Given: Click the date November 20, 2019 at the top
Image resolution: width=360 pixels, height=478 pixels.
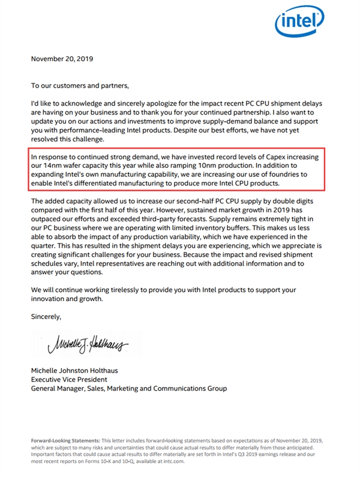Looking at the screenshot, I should coord(62,59).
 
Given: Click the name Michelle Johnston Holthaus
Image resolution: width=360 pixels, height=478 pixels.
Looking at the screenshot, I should coord(80,370).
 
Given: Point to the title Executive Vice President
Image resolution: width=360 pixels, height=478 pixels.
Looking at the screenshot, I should coord(69,379).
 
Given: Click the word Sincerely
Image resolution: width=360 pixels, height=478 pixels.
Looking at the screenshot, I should coord(46,315).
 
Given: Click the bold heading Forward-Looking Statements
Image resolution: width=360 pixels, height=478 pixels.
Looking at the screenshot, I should coord(65,441).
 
